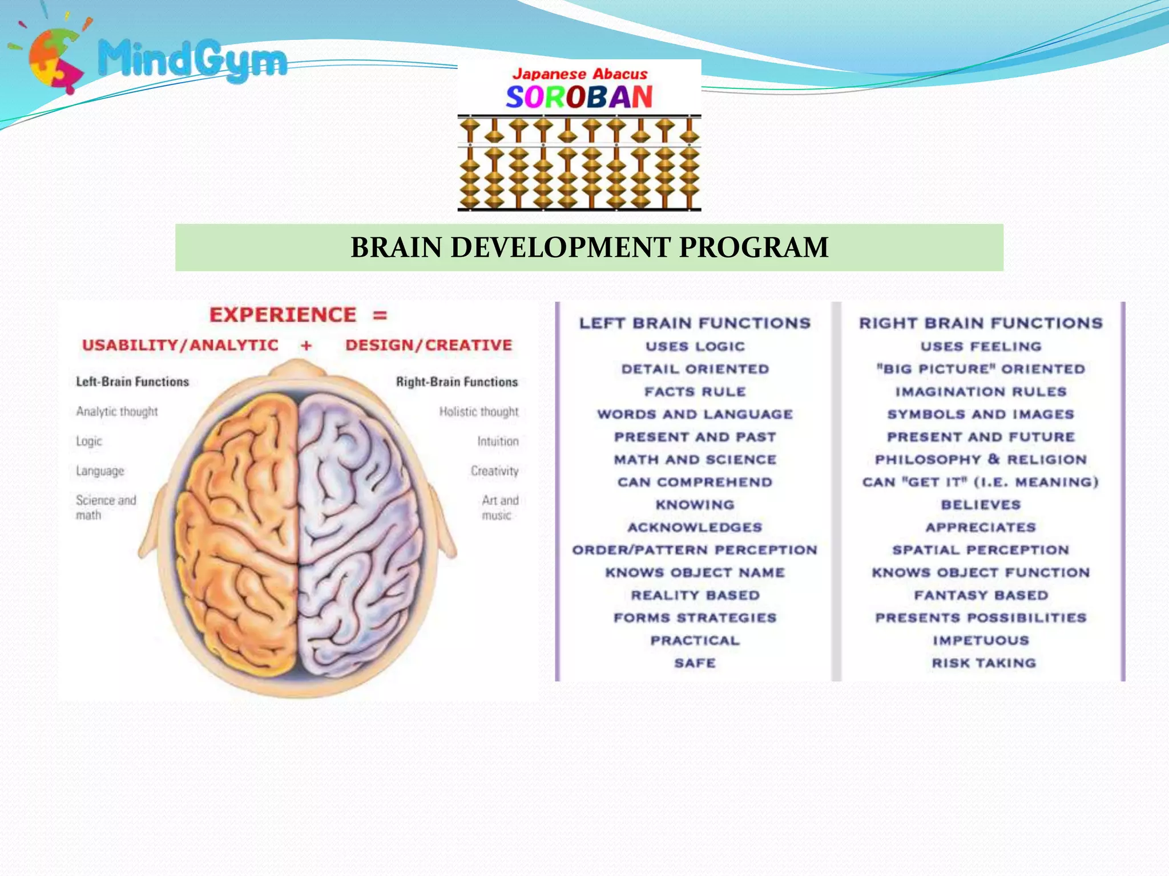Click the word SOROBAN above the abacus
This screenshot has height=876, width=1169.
pos(579,97)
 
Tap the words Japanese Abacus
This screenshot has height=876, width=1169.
pos(579,74)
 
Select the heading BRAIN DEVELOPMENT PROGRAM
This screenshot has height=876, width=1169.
pos(589,248)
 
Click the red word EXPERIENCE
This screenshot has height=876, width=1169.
pos(283,315)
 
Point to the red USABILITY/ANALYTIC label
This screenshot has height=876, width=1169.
pos(180,345)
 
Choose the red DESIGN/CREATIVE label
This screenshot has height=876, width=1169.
pos(429,345)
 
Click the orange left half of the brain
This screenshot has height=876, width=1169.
pos(240,525)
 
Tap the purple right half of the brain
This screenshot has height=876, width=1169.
pos(360,525)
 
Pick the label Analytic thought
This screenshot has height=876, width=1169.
pos(117,411)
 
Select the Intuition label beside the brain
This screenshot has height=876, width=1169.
pos(498,441)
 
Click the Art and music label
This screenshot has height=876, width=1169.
pos(499,508)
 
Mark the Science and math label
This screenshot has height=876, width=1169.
pos(106,507)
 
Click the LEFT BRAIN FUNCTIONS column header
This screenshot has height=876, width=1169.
pos(695,323)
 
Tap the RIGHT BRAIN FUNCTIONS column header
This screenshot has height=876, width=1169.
pos(981,323)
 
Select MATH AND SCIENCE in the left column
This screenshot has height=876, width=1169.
pos(695,459)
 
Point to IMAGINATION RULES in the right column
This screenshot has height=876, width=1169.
pos(981,392)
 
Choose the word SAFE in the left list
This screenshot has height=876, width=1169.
pos(695,663)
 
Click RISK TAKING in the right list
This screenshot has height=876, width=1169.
pos(983,663)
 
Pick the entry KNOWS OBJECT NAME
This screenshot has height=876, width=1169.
pos(695,572)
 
